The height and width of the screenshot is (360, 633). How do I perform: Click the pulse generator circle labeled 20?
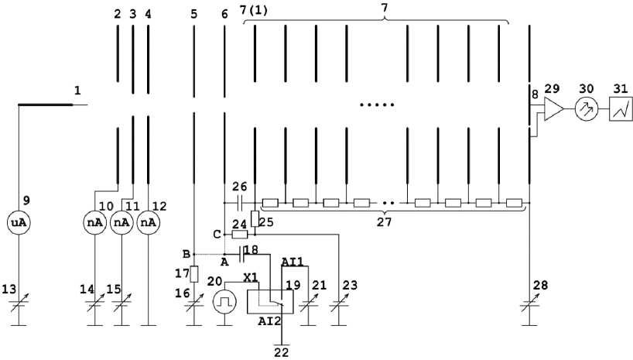click(x=224, y=301)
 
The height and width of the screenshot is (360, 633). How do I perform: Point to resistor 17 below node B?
click(x=193, y=274)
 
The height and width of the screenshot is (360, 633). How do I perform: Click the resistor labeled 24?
click(x=240, y=234)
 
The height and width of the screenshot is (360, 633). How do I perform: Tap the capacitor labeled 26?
click(x=239, y=204)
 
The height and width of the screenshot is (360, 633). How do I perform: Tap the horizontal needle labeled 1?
click(x=46, y=104)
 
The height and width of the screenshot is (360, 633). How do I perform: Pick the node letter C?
click(x=217, y=234)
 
